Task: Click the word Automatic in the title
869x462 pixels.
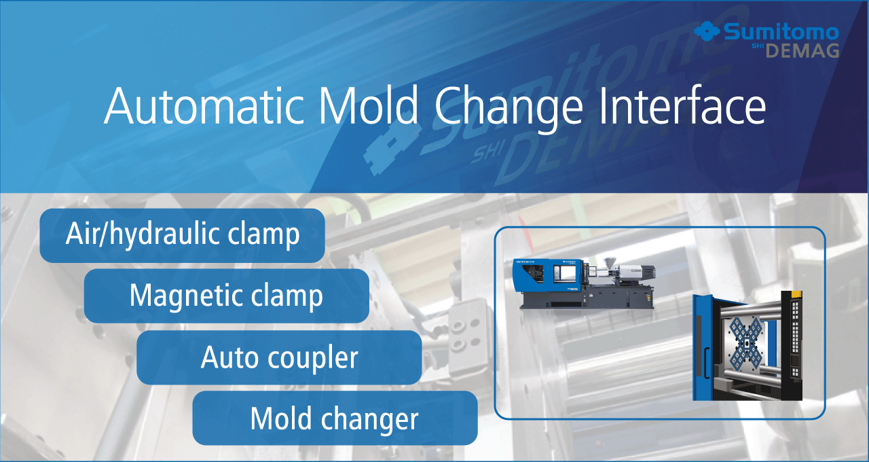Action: point(204,105)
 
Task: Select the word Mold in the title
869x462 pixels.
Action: point(368,105)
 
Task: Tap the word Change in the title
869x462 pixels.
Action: point(509,109)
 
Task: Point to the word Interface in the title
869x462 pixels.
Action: point(682,105)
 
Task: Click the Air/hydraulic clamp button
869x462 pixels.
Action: point(182,235)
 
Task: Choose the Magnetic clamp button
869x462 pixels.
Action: point(227,296)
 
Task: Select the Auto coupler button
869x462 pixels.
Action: point(279,357)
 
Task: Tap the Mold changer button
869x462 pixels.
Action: point(335,418)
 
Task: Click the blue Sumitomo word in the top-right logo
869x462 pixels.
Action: point(781,31)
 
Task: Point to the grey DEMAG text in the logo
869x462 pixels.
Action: point(802,51)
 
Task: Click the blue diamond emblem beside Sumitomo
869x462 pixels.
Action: point(707,31)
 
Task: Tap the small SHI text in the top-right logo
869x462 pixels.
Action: point(757,46)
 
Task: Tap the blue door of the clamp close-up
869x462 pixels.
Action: point(703,347)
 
